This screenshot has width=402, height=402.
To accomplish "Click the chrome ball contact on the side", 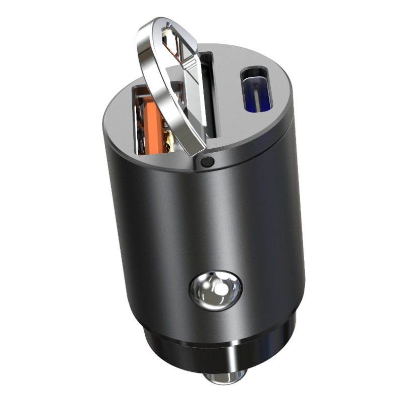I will [215, 291].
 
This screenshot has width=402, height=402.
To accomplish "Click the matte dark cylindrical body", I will [201, 226].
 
